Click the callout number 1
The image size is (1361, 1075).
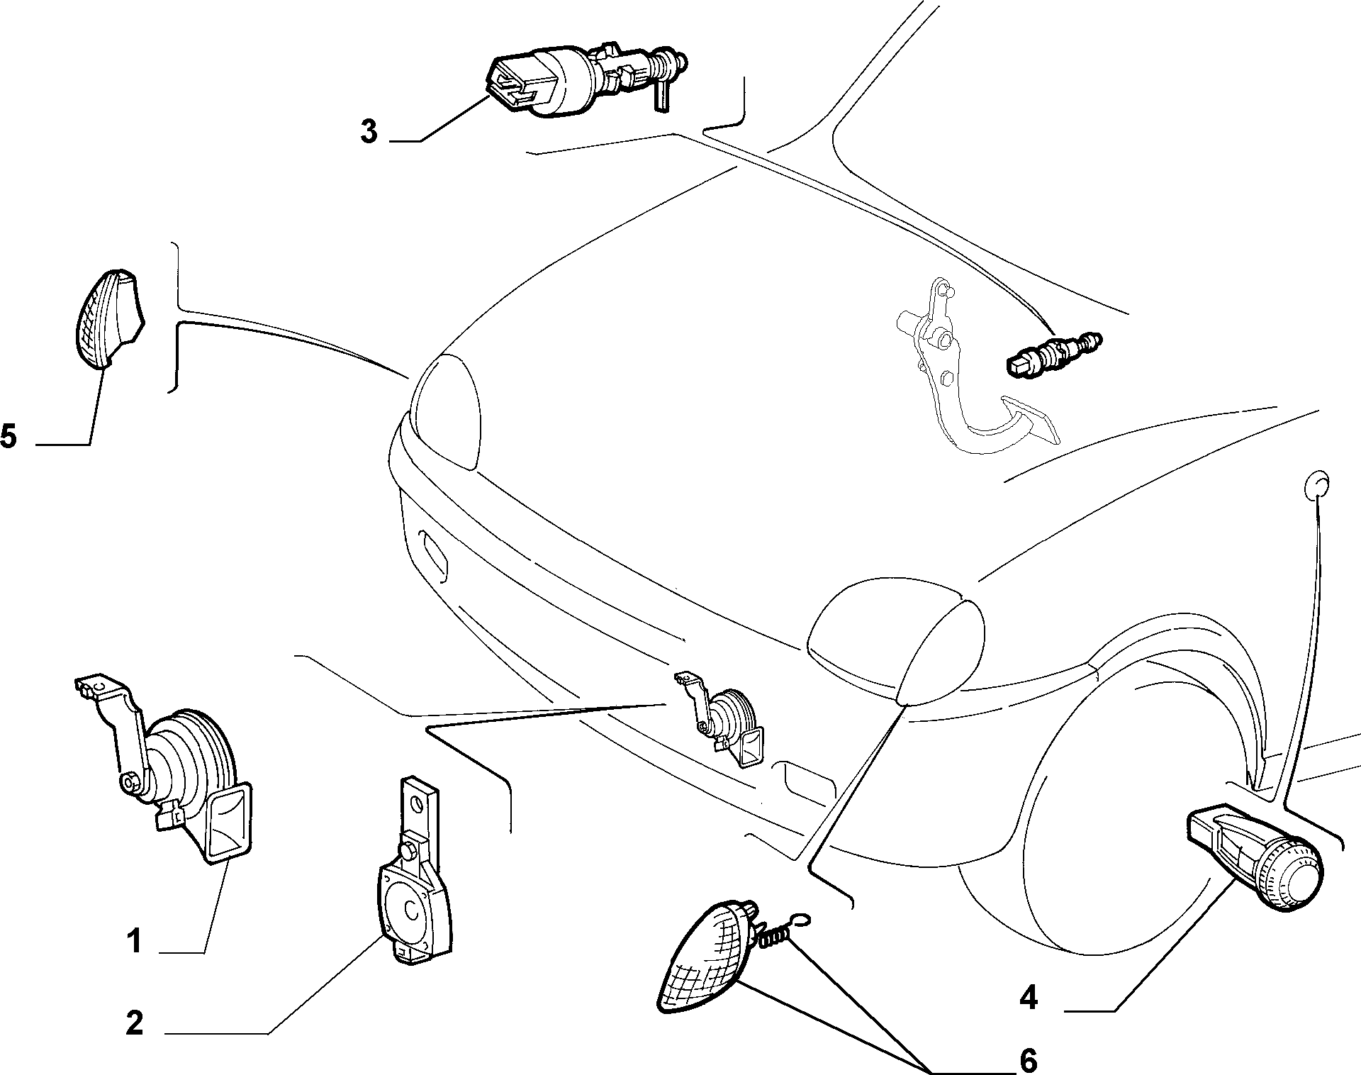pos(135,942)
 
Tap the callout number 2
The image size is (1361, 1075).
pos(135,1023)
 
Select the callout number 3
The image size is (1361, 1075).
pos(369,132)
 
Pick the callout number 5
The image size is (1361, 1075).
pos(9,435)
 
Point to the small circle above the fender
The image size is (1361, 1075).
pos(1316,484)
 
